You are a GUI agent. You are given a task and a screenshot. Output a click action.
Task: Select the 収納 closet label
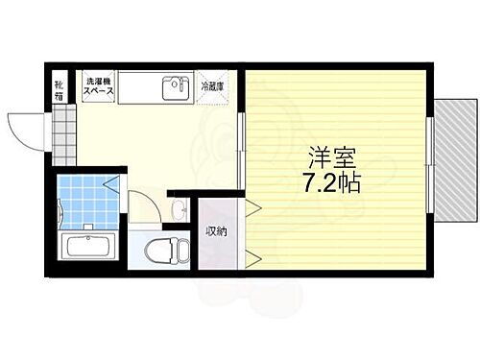click(216, 230)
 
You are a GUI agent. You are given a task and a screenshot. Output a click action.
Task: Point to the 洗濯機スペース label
click(99, 86)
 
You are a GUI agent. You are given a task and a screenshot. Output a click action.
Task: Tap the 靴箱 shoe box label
click(60, 89)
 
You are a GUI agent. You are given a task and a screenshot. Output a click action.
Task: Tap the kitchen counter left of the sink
click(139, 88)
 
